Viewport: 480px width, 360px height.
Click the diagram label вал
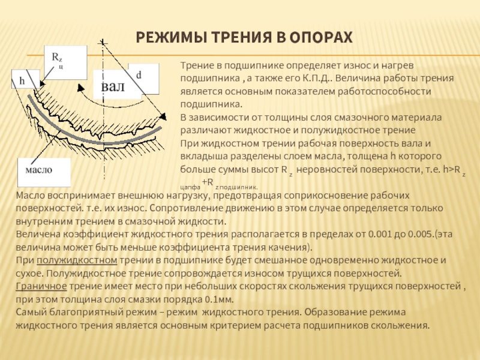[x=113, y=86]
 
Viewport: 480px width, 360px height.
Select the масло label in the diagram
[x=38, y=170]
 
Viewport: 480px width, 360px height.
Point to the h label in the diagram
[x=23, y=80]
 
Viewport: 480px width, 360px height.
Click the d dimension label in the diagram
[x=139, y=75]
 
